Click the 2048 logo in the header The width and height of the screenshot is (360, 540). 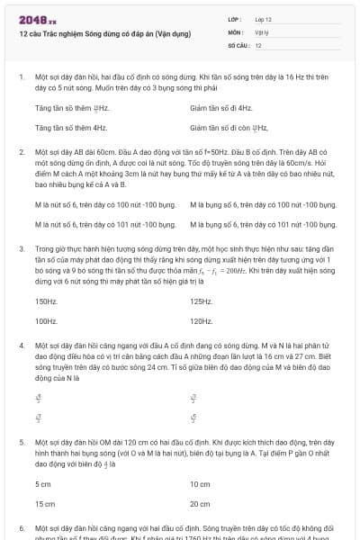pos(38,17)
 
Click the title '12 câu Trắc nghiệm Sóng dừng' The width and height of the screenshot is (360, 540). pos(104,33)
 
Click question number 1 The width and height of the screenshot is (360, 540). pos(22,78)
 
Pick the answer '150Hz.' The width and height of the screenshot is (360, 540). pos(47,301)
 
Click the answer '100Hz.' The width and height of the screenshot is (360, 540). pos(47,319)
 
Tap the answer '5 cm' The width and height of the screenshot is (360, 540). pos(43,484)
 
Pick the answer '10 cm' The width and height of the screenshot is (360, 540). pos(200,484)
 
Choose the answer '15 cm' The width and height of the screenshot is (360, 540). pos(44,503)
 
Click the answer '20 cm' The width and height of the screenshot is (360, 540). pos(200,503)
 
